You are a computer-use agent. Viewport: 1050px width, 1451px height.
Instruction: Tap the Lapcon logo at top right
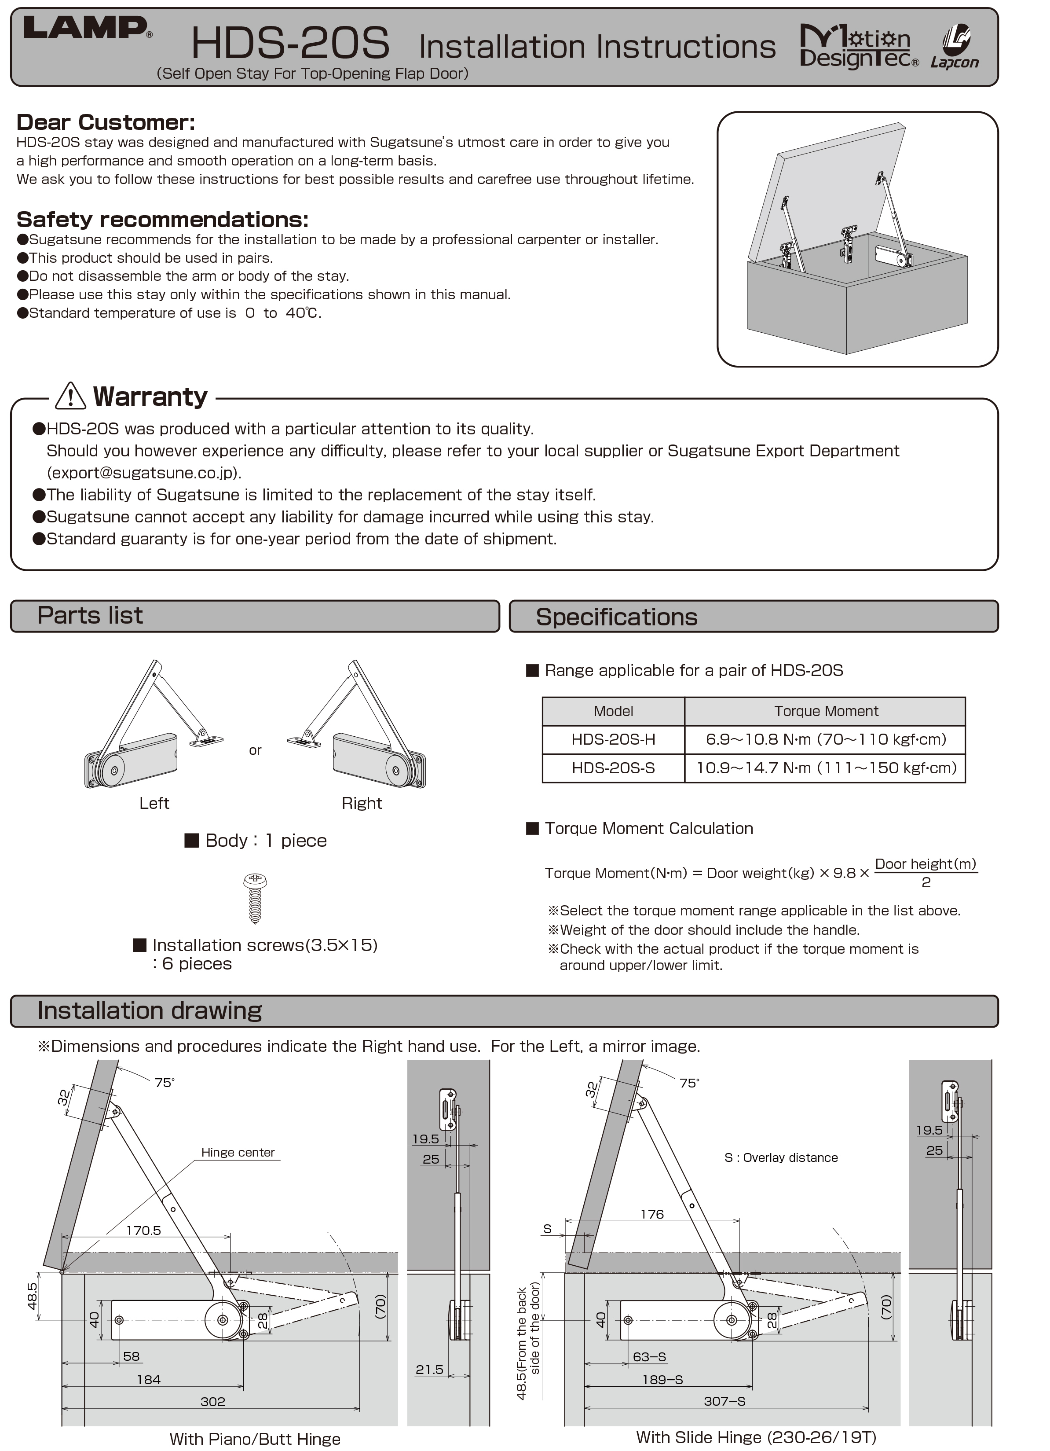pyautogui.click(x=954, y=47)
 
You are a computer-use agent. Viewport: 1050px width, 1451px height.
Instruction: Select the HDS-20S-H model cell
pyautogui.click(x=613, y=739)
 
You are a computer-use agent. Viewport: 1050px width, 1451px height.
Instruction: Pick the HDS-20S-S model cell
pyautogui.click(x=613, y=768)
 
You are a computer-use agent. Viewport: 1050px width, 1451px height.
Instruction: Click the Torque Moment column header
pyautogui.click(x=826, y=711)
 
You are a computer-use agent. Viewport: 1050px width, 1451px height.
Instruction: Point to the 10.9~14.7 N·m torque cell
pyautogui.click(x=826, y=768)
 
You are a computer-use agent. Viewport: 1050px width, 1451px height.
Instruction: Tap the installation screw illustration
pyautogui.click(x=255, y=898)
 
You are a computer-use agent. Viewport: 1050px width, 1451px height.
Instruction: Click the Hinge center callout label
pyautogui.click(x=238, y=1152)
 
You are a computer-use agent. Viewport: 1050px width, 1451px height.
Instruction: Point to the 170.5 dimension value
pyautogui.click(x=143, y=1230)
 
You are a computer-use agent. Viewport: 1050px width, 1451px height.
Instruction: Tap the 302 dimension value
pyautogui.click(x=213, y=1401)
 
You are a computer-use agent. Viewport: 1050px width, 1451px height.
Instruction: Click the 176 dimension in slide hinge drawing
pyautogui.click(x=652, y=1214)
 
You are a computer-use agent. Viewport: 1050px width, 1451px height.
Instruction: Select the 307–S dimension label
pyautogui.click(x=724, y=1401)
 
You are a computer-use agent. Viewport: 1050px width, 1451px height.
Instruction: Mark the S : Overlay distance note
pyautogui.click(x=781, y=1157)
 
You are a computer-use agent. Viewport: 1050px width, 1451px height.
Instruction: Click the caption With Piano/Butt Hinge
pyautogui.click(x=255, y=1439)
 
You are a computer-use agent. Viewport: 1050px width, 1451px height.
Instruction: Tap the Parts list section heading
pyautogui.click(x=90, y=615)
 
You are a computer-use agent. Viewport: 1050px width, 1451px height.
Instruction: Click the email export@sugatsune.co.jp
pyautogui.click(x=143, y=473)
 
